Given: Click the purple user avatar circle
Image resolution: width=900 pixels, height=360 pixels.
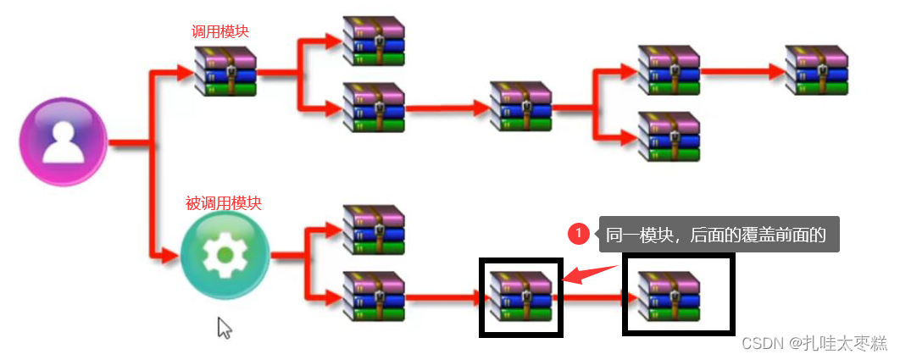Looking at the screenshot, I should point(63,141).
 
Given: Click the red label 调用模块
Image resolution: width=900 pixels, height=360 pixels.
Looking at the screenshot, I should point(220,31).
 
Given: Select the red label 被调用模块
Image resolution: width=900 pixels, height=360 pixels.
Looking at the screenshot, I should point(224,203).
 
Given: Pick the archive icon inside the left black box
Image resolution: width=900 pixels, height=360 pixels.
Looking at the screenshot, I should point(520,296).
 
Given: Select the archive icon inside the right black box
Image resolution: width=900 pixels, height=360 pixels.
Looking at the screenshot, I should point(669,296).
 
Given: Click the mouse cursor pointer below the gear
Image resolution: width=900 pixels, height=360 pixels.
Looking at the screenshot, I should point(224,327).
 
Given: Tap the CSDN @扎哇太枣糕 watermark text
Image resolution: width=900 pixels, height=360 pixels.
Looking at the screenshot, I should point(814,343).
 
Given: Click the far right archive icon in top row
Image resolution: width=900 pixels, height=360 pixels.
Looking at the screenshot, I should point(817,70).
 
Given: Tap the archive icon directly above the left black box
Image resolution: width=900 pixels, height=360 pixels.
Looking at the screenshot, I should point(520,107).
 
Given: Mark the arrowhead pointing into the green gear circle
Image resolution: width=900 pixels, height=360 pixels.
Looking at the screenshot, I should point(172,254).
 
